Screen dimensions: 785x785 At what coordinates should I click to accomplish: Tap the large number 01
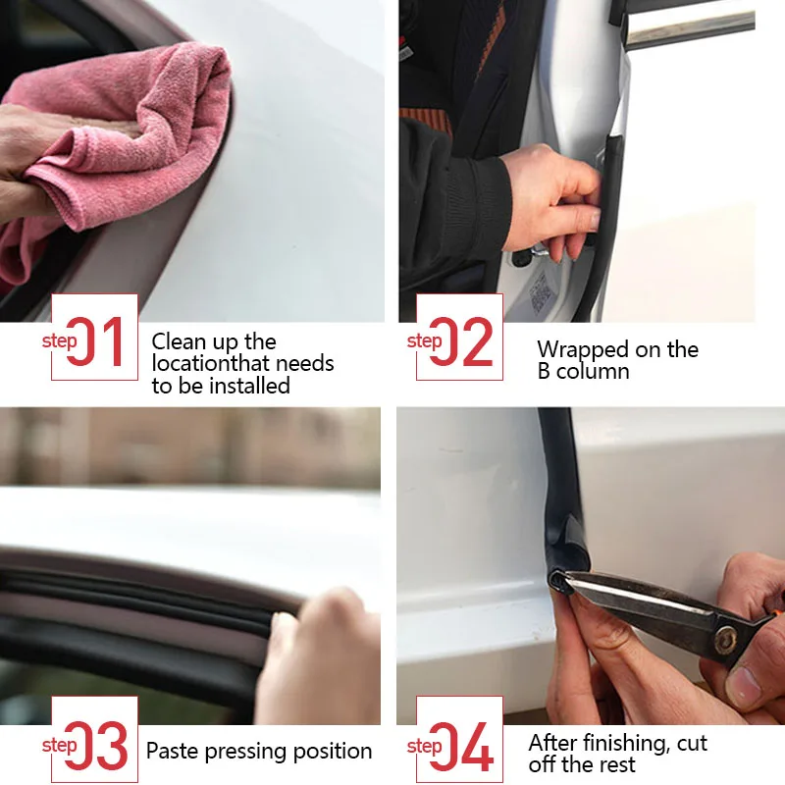point(95,341)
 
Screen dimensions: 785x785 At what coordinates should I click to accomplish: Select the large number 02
point(461,341)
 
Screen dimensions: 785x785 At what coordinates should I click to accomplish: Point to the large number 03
point(96,746)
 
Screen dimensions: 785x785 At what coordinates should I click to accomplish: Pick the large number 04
point(461,746)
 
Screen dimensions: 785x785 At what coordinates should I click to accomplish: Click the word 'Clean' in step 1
point(180,341)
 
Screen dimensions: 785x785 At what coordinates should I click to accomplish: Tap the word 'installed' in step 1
point(250,386)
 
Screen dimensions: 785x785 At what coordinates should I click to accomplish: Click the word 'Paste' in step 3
point(172,751)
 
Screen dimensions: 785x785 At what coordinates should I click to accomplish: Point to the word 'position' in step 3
point(333,752)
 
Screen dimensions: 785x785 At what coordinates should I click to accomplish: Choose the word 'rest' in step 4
point(616,765)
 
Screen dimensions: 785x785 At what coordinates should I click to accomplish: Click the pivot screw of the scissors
point(725,641)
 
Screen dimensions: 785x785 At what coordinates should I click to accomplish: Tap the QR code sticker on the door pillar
point(541,292)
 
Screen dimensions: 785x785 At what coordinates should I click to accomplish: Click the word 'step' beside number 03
point(59,746)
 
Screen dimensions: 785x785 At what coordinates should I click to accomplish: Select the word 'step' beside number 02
point(424,341)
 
